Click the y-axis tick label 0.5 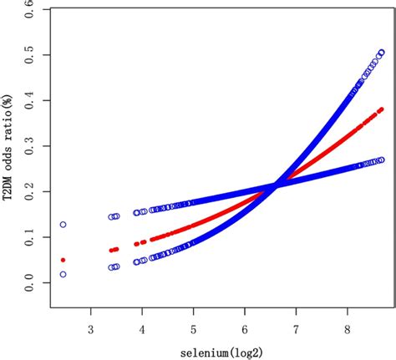coord(31,54)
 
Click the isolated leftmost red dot coord(63,260)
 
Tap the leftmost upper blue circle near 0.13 coord(63,225)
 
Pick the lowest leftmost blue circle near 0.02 coord(63,274)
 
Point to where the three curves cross coord(275,185)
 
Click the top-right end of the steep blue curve coord(382,53)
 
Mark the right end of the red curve coord(381,109)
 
